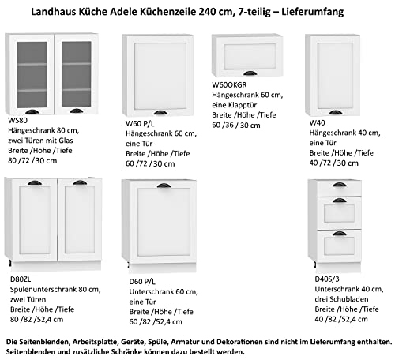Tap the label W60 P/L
[x=138, y=123]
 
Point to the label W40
[x=318, y=123]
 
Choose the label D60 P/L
[x=142, y=280]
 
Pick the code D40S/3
[x=325, y=278]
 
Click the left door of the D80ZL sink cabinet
[x=32, y=221]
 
